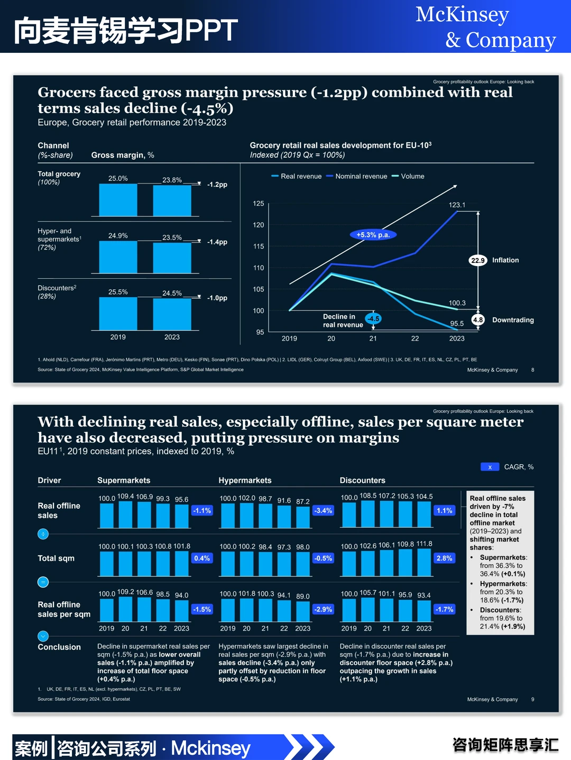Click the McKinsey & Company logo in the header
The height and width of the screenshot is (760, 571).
pyautogui.click(x=485, y=27)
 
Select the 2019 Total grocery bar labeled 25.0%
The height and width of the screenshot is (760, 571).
pyautogui.click(x=118, y=200)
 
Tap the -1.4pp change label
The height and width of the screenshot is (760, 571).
pyautogui.click(x=217, y=242)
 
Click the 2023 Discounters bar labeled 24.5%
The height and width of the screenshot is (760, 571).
pyautogui.click(x=172, y=314)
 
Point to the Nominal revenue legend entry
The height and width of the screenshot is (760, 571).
pyautogui.click(x=356, y=176)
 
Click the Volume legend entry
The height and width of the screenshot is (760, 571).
pyautogui.click(x=408, y=176)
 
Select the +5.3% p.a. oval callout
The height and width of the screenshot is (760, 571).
pyautogui.click(x=373, y=235)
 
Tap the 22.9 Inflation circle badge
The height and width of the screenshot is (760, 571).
pyautogui.click(x=478, y=260)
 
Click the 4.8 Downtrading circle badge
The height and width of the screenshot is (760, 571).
pyautogui.click(x=478, y=320)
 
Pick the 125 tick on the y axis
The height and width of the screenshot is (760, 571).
pyautogui.click(x=258, y=203)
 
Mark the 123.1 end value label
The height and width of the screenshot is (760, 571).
pyautogui.click(x=457, y=205)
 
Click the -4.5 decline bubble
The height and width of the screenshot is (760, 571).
pyautogui.click(x=373, y=318)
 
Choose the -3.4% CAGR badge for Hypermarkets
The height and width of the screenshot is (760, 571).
pyautogui.click(x=323, y=510)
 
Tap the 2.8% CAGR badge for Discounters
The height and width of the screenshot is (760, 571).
pyautogui.click(x=444, y=558)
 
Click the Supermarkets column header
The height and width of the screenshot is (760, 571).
pyautogui.click(x=124, y=480)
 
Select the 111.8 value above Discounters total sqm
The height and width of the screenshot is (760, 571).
pyautogui.click(x=424, y=544)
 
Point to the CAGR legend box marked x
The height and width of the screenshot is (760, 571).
pyautogui.click(x=490, y=467)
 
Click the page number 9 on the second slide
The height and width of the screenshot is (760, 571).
pyautogui.click(x=532, y=699)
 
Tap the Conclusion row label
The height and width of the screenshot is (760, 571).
pyautogui.click(x=59, y=647)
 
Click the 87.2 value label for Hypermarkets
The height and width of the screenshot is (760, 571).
pyautogui.click(x=303, y=501)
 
